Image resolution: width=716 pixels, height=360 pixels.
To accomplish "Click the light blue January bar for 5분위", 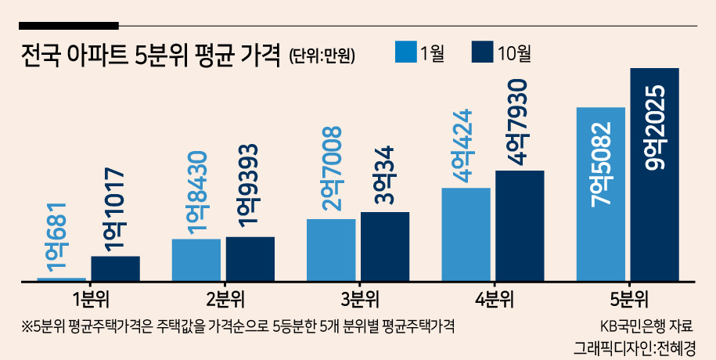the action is (x=600, y=194).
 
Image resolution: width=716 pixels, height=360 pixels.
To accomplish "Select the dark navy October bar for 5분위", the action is (x=654, y=175).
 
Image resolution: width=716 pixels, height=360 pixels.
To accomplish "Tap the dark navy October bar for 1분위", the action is (x=116, y=268).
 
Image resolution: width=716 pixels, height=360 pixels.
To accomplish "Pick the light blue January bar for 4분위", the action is (x=466, y=234).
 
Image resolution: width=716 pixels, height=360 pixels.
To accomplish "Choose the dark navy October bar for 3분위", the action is (x=385, y=247).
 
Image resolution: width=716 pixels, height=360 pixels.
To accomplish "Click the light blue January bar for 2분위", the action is (x=196, y=260).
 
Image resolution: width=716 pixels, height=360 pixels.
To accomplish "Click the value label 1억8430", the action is (x=197, y=193).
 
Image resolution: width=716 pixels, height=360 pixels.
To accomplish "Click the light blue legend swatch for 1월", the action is (x=406, y=52).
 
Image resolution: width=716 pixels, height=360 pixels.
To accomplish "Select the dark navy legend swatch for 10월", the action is (x=482, y=52).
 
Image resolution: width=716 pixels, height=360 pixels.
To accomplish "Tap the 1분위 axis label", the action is (x=91, y=301).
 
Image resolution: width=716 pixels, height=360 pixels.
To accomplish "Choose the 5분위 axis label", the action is (x=630, y=301).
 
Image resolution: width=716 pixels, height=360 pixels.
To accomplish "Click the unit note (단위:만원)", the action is (x=322, y=56).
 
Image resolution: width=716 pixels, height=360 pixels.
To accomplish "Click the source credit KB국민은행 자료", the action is (x=646, y=326).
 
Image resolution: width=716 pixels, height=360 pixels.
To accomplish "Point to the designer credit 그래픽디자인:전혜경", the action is (x=635, y=347).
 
